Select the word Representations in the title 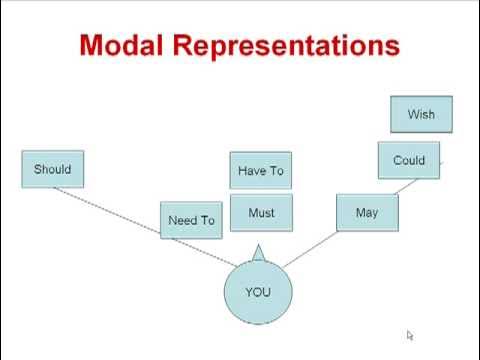tap(290, 47)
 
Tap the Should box tap(52, 169)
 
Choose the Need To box tap(191, 220)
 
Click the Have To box tap(260, 171)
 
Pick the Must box tap(260, 213)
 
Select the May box tap(366, 213)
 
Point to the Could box tap(408, 160)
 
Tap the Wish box tap(421, 115)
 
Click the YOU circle tap(257, 292)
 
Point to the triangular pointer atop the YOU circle tap(257, 252)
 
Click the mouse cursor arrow tap(410, 336)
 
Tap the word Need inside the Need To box tap(182, 220)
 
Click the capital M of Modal tap(91, 46)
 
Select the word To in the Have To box tap(276, 171)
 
